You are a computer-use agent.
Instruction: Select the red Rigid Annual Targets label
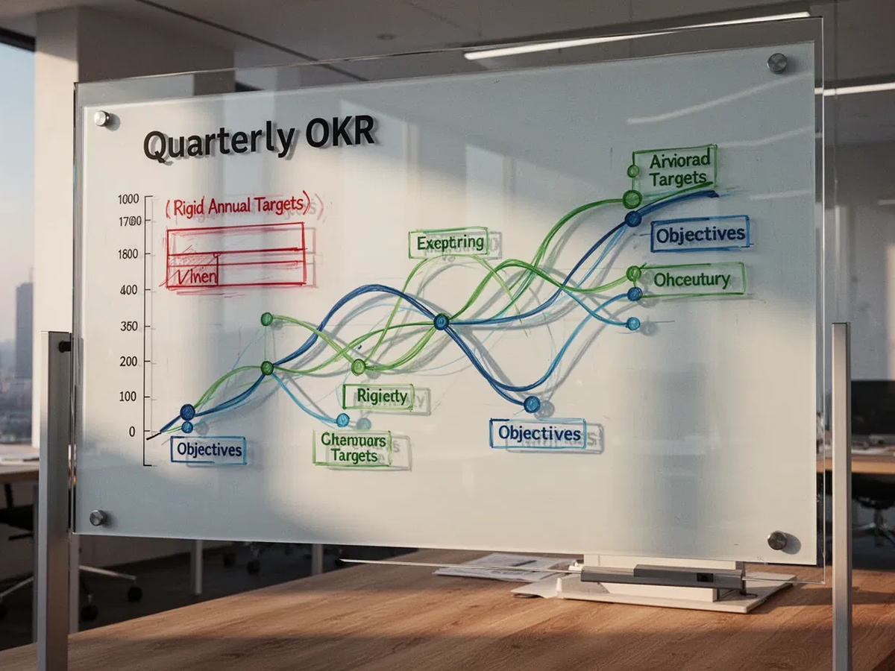click(241, 207)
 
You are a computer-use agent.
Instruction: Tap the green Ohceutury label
click(691, 280)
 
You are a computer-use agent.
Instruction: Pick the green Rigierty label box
click(381, 397)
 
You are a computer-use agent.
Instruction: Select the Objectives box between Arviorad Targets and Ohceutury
click(700, 235)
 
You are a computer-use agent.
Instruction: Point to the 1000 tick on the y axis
click(128, 199)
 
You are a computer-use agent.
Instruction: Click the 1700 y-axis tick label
click(129, 221)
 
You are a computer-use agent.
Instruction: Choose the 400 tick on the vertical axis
click(128, 290)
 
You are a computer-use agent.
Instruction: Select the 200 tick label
click(128, 362)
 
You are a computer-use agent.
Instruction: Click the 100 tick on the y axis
click(128, 397)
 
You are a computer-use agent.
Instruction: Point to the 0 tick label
click(132, 432)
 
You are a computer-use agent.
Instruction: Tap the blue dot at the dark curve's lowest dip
click(531, 404)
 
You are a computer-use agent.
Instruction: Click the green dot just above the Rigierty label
click(359, 367)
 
